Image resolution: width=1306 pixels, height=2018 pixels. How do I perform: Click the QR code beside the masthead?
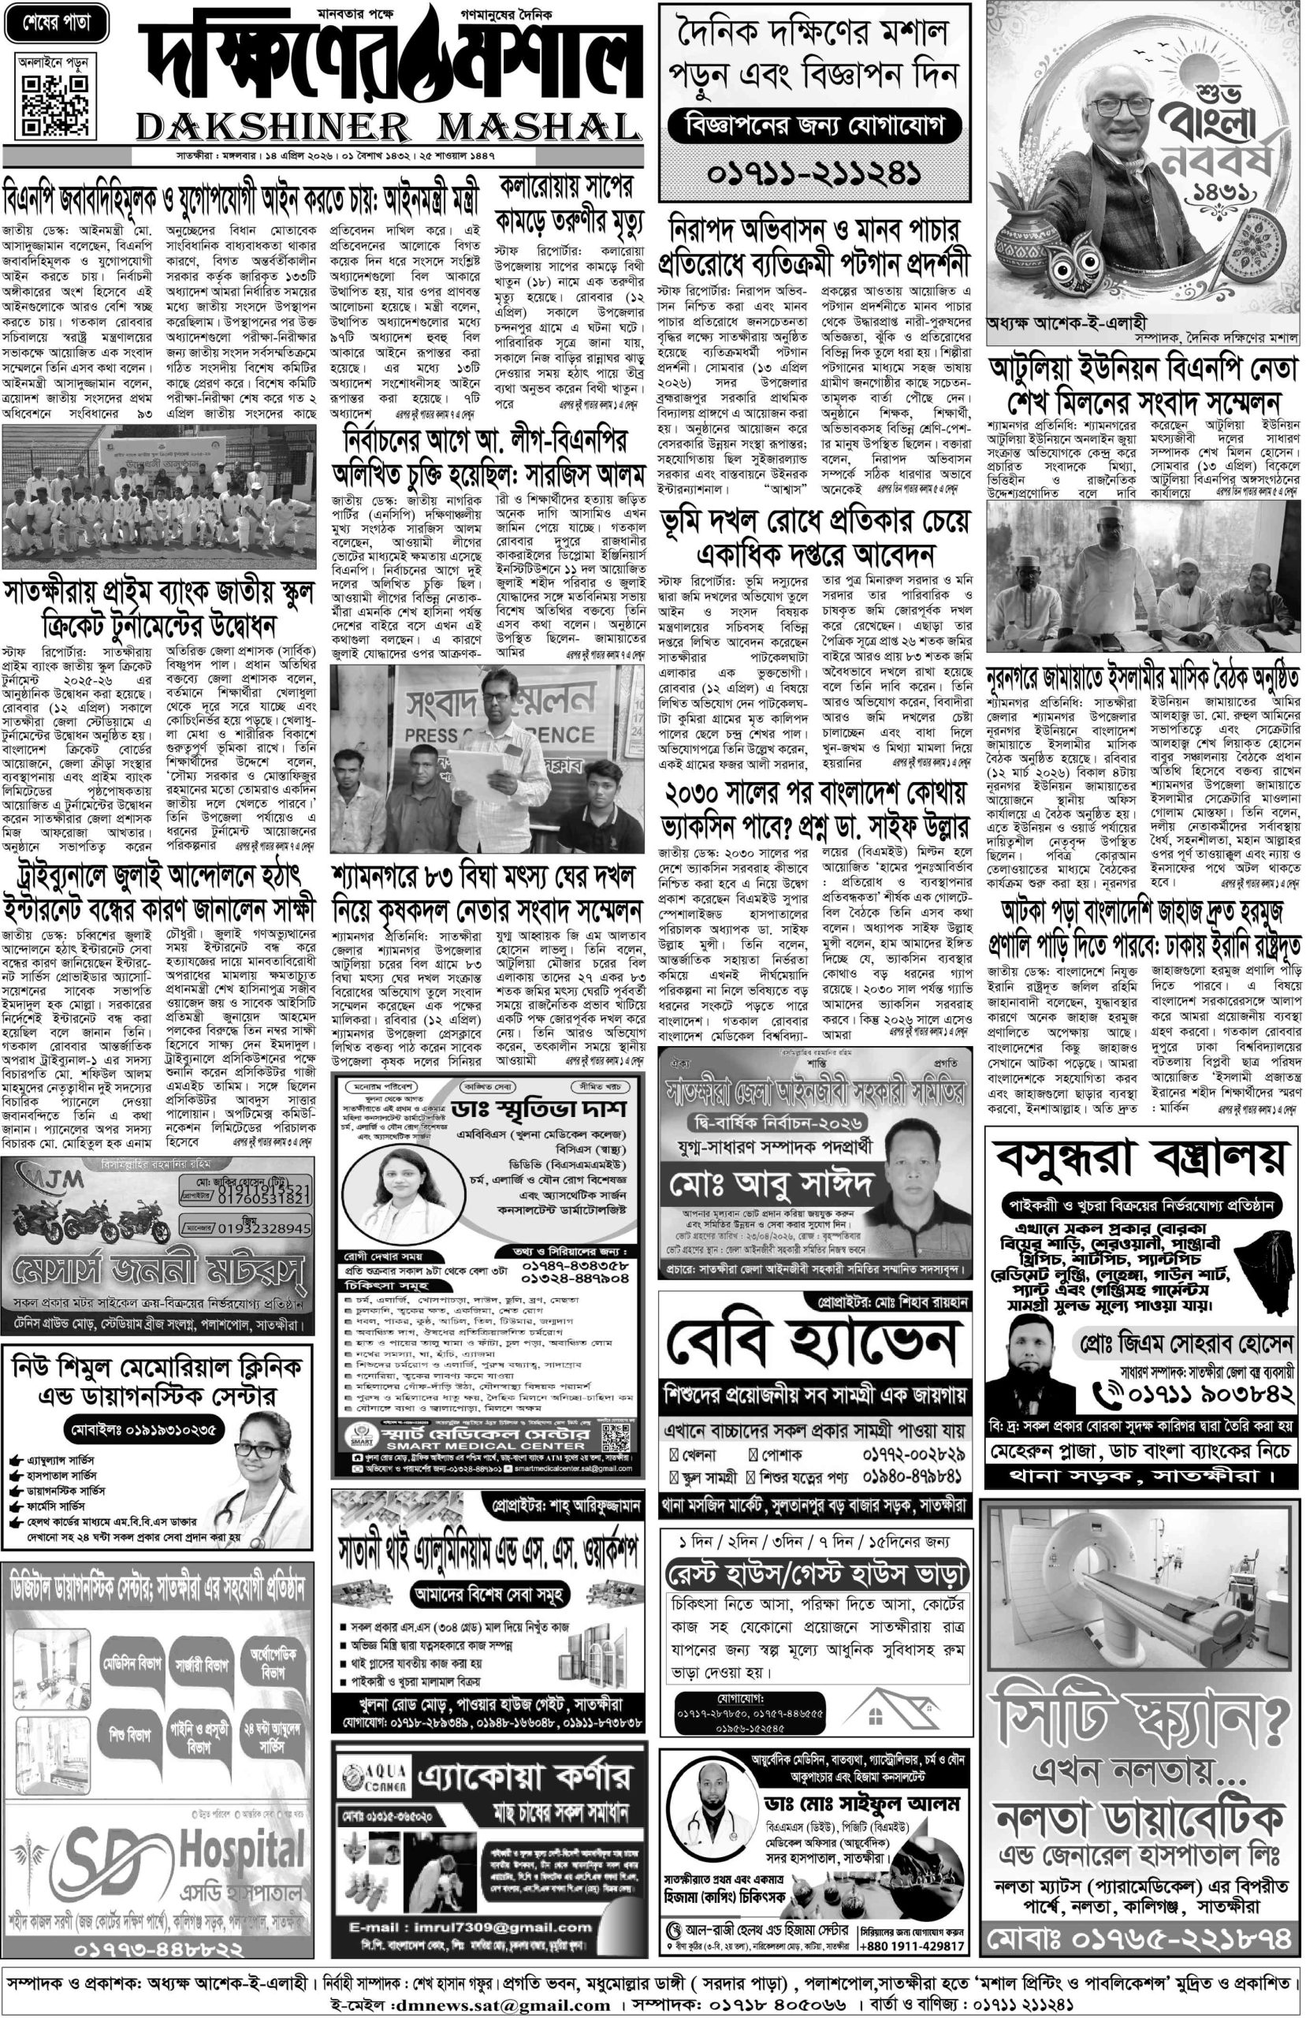[54, 105]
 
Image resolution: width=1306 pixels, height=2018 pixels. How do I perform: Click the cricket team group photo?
[158, 496]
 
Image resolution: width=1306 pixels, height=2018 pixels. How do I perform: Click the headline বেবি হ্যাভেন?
[813, 1345]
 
